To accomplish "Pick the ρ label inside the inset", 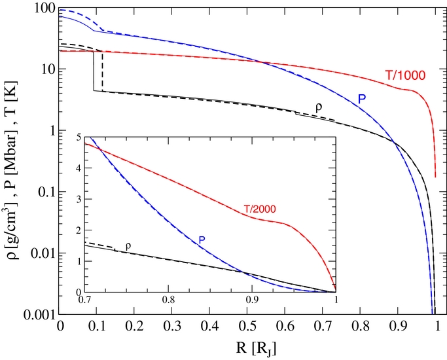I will (128, 245).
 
